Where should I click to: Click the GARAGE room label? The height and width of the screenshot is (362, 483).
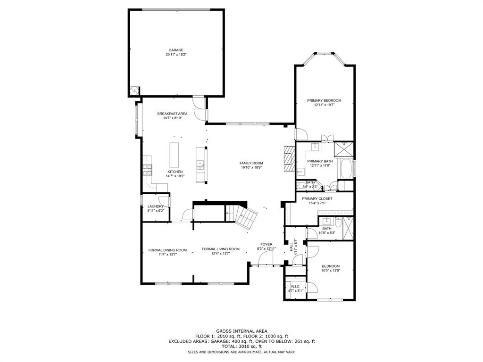pos(176,50)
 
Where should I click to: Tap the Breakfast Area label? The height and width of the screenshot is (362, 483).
pos(172,114)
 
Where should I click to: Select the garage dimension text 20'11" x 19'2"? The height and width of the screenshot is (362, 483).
pos(176,55)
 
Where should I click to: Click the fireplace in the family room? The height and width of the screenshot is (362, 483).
pos(289,158)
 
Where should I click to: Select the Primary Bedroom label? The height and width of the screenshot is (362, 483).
pos(324,100)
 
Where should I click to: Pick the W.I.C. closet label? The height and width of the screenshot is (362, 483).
pos(295,287)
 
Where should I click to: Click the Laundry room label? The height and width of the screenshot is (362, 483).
pos(155,206)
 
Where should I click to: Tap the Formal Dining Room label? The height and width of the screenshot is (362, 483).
pos(167,250)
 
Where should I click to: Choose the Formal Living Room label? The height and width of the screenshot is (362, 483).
pos(220,249)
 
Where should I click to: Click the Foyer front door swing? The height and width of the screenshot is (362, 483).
pos(267,258)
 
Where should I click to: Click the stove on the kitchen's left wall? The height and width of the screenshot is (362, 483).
pos(148,169)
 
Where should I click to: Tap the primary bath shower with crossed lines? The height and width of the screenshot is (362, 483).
pos(343,148)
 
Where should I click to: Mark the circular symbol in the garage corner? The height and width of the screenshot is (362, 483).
pos(134,90)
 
